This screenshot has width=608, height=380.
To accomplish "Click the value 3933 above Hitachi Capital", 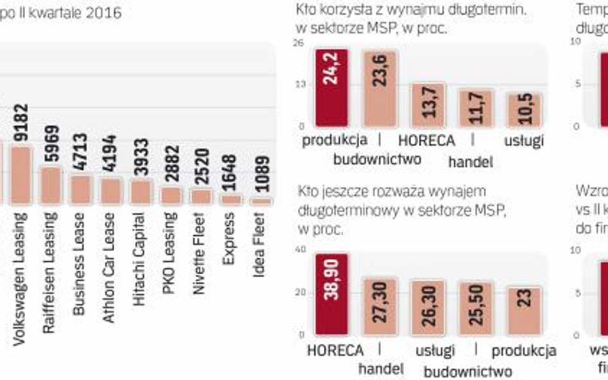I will tap(141, 157).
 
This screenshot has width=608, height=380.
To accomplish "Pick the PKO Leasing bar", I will tap(171, 195).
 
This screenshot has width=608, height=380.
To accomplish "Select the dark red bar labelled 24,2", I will tap(332, 88).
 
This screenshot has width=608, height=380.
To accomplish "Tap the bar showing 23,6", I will tap(380, 88).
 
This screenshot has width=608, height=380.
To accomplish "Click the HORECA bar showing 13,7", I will tap(428, 104).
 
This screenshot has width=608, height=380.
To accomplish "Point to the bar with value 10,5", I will tap(524, 110).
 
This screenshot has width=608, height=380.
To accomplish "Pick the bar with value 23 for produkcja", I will tap(524, 311).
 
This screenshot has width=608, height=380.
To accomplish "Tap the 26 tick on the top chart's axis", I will tap(298, 42).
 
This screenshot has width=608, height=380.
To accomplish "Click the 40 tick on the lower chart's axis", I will tap(300, 249).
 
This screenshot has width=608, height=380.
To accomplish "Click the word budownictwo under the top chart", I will tap(377, 160).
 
